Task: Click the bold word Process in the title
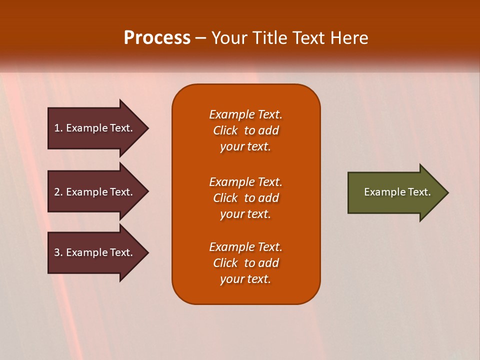(x=157, y=38)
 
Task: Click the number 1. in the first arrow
(x=58, y=128)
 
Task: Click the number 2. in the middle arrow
(x=58, y=192)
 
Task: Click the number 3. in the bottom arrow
(x=58, y=252)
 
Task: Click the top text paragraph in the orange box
(x=245, y=130)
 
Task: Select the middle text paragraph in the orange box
(x=245, y=197)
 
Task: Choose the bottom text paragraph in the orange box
(x=245, y=263)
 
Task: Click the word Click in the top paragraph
(x=225, y=130)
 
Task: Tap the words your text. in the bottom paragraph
(x=245, y=279)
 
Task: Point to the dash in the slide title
(x=201, y=38)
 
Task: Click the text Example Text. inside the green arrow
(x=397, y=192)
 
